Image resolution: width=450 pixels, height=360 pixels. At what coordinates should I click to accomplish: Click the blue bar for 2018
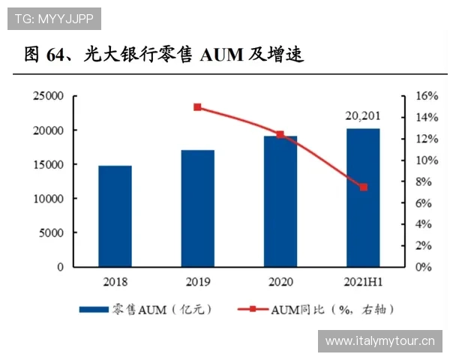pyautogui.click(x=115, y=216)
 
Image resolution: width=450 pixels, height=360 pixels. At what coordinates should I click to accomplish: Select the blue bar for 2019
pyautogui.click(x=198, y=208)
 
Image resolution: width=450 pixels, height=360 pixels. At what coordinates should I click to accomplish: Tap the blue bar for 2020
pyautogui.click(x=280, y=201)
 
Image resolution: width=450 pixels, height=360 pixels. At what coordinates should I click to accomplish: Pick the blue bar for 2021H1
pyautogui.click(x=363, y=197)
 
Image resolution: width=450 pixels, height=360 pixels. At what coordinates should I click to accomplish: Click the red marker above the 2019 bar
pyautogui.click(x=198, y=107)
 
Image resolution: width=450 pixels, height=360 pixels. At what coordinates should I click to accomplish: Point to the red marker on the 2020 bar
pyautogui.click(x=280, y=135)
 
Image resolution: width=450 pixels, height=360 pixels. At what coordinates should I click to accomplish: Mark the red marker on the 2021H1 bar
pyautogui.click(x=364, y=187)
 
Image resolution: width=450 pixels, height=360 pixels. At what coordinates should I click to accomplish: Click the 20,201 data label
pyautogui.click(x=364, y=115)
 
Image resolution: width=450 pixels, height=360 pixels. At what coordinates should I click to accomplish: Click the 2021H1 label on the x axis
pyautogui.click(x=364, y=282)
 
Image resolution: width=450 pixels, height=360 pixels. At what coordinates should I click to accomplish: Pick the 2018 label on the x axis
pyautogui.click(x=115, y=282)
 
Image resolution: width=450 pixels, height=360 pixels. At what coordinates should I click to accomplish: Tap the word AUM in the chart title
pyautogui.click(x=220, y=55)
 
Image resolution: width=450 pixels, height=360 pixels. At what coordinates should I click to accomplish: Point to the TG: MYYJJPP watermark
pyautogui.click(x=52, y=16)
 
